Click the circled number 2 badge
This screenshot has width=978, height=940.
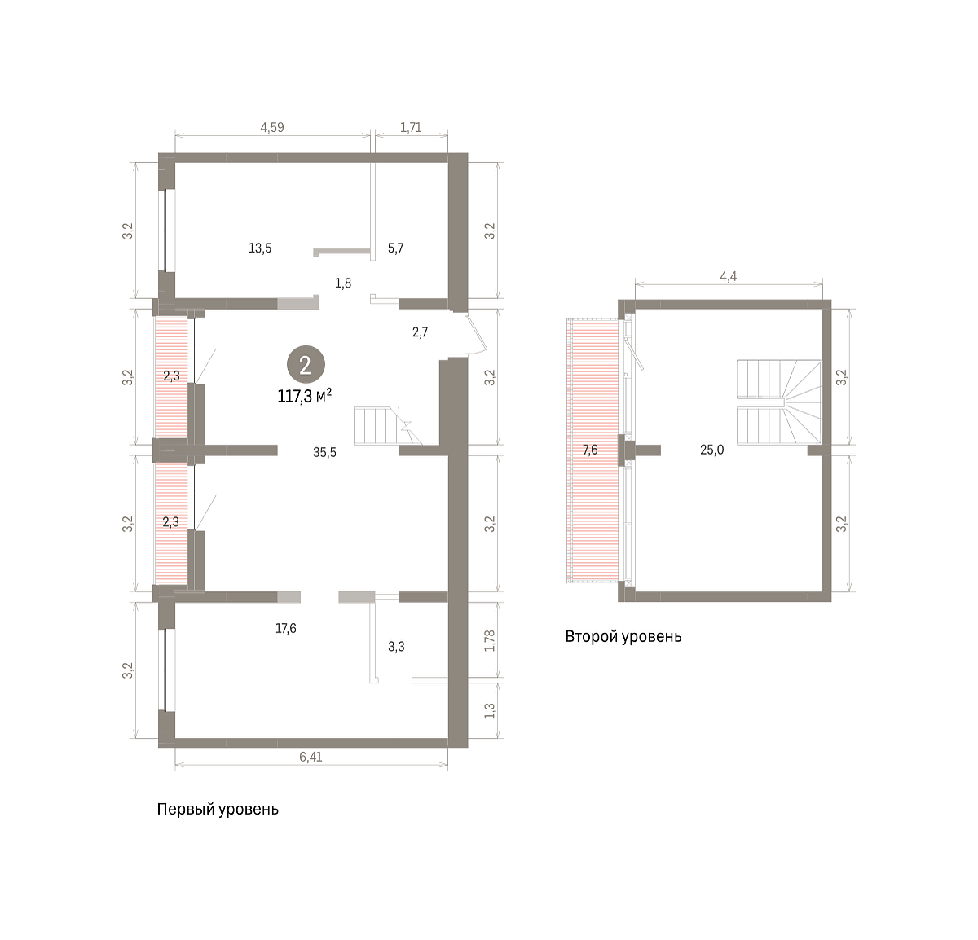[x=306, y=365]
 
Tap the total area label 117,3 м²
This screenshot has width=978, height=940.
[x=305, y=397]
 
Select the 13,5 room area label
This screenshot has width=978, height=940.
[x=260, y=248]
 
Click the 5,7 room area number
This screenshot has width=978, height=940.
[x=395, y=248]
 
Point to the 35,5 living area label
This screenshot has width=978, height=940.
[x=324, y=453]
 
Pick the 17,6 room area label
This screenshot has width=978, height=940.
[x=285, y=629]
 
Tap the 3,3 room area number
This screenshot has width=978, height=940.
[x=396, y=647]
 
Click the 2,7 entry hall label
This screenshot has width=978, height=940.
[x=421, y=332]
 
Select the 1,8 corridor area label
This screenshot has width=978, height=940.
[x=343, y=283]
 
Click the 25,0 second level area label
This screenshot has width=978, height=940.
[x=712, y=450]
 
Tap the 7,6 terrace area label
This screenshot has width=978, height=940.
[x=590, y=450]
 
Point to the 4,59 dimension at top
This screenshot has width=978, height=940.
[x=272, y=128]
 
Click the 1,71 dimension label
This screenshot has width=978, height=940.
[x=411, y=128]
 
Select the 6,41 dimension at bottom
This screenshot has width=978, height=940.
[x=311, y=757]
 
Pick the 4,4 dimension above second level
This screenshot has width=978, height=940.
[x=729, y=276]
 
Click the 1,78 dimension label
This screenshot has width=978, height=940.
[x=490, y=640]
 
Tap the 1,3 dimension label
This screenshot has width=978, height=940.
[x=490, y=711]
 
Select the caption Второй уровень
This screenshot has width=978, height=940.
[x=623, y=636]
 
